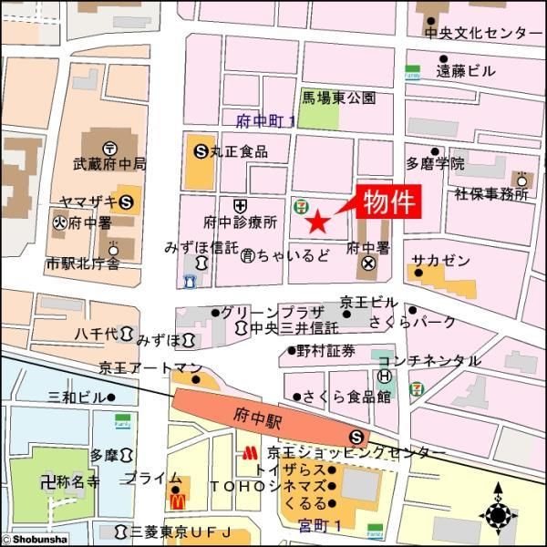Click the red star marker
pyautogui.click(x=316, y=221)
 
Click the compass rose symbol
pyautogui.click(x=500, y=515)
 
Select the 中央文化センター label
pyautogui.click(x=482, y=33)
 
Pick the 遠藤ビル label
pyautogui.click(x=466, y=70)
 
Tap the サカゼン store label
pyautogui.click(x=440, y=260)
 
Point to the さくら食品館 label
pyautogui.click(x=348, y=397)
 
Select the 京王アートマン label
pyautogui.click(x=150, y=368)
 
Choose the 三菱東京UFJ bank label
pyautogui.click(x=182, y=531)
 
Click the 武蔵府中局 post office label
pyautogui.click(x=109, y=165)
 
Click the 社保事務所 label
pyautogui.click(x=491, y=194)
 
